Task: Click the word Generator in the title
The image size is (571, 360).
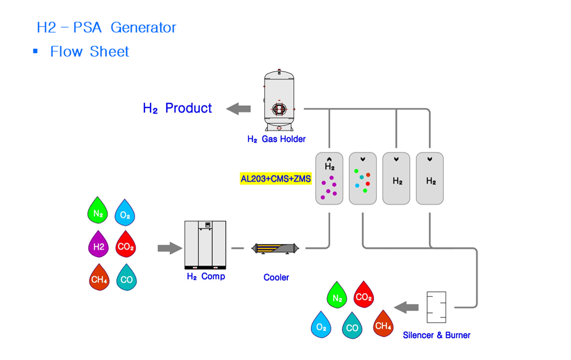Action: [143, 27]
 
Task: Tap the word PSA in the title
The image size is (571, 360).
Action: [87, 27]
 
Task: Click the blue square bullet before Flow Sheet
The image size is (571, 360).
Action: [35, 51]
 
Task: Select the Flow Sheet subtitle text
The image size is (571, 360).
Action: [90, 52]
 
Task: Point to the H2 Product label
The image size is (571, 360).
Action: [177, 108]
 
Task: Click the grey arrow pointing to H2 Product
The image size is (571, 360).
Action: [238, 109]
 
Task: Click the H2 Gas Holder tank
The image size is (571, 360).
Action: [279, 100]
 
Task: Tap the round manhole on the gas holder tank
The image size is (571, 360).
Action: [279, 109]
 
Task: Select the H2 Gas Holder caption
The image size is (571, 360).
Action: [277, 139]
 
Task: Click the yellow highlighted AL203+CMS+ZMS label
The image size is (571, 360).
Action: [275, 179]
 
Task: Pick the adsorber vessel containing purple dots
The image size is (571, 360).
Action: [329, 179]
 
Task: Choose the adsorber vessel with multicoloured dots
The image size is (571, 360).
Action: [363, 179]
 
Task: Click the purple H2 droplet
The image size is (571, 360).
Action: [99, 244]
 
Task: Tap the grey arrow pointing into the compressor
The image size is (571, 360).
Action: [170, 248]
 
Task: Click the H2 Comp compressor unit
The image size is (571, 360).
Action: [205, 245]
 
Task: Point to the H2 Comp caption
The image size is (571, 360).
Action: [206, 277]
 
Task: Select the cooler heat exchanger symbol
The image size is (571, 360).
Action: [275, 249]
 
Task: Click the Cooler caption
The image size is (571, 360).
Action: [276, 278]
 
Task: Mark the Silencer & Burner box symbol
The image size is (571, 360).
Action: [436, 307]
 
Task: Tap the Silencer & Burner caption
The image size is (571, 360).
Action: [436, 335]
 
